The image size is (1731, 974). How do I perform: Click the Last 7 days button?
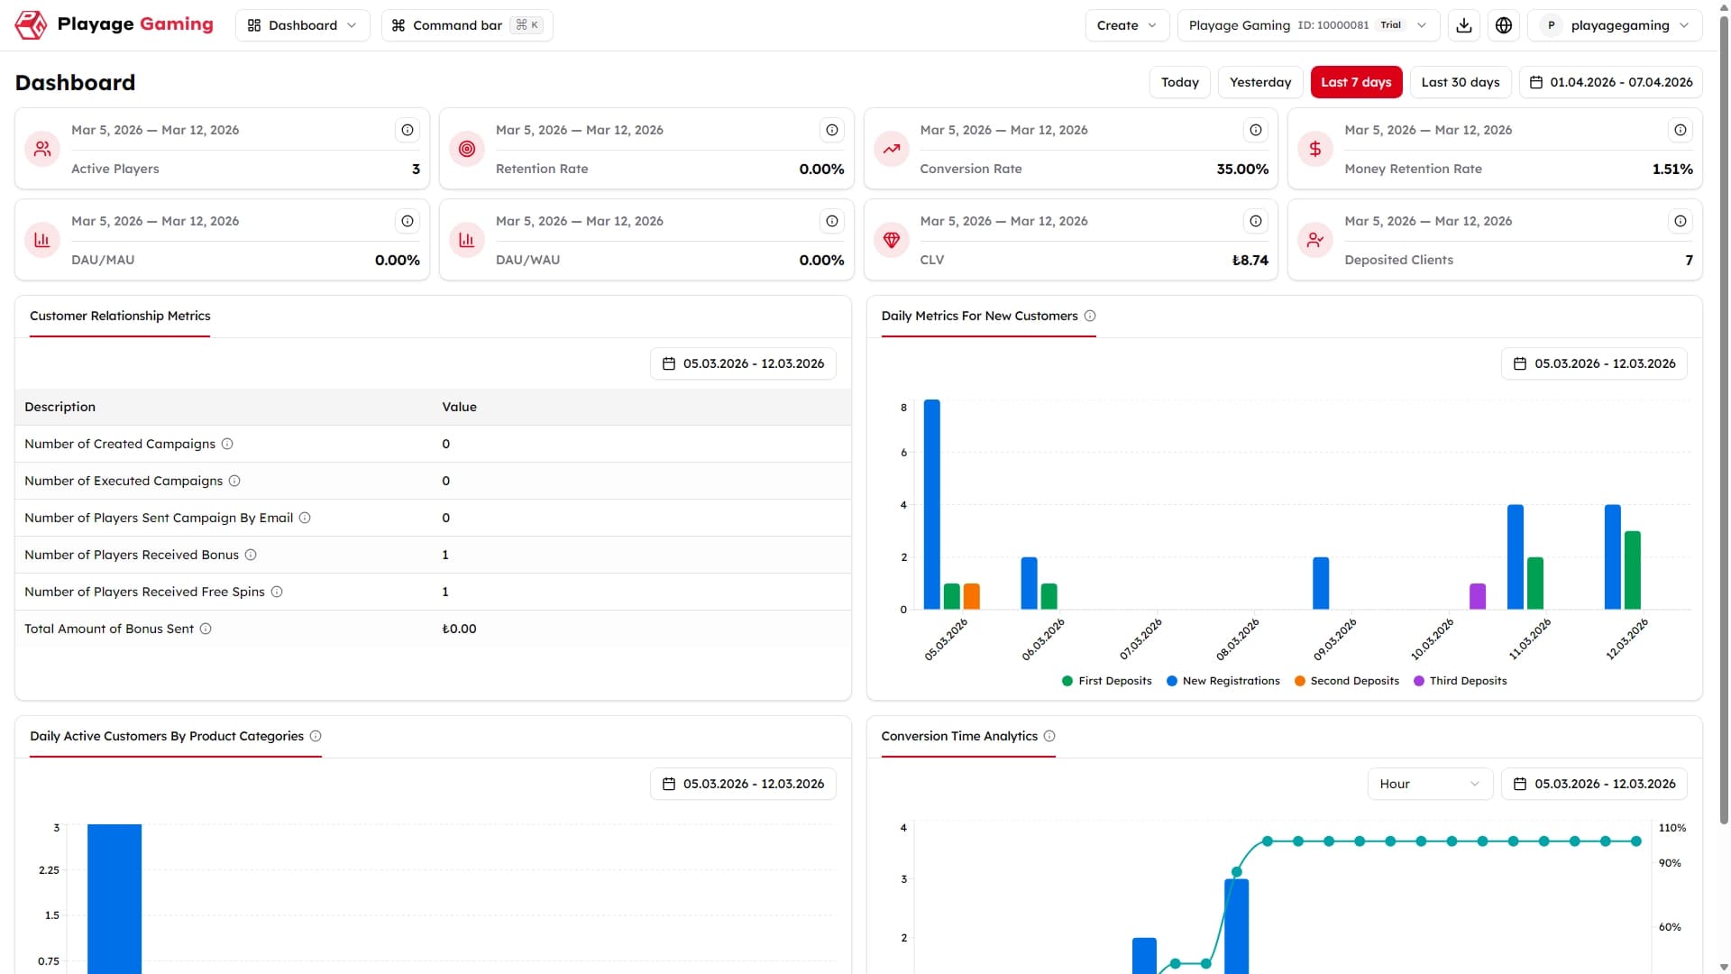1356,82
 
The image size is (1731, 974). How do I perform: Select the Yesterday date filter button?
1260,82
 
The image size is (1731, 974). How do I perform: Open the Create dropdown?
1127,25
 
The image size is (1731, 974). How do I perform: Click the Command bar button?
467,25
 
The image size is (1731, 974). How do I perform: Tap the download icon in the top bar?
1464,25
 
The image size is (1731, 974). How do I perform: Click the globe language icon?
1504,25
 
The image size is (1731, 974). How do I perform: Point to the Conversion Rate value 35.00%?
1242,169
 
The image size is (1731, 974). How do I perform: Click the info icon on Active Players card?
408,130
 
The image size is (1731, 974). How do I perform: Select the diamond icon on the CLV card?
892,240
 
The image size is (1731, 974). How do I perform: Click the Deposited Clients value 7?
1689,260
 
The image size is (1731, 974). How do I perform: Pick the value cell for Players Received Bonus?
445,555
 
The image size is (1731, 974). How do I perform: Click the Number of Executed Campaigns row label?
124,481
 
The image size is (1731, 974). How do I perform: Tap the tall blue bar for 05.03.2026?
932,504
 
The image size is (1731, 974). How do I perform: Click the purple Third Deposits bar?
1478,596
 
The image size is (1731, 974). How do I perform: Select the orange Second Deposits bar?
972,596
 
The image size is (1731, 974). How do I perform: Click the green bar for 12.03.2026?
1633,570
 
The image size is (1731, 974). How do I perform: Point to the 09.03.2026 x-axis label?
1335,639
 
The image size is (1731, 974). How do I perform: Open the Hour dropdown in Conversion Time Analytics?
1430,784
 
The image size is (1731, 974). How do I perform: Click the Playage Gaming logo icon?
31,25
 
